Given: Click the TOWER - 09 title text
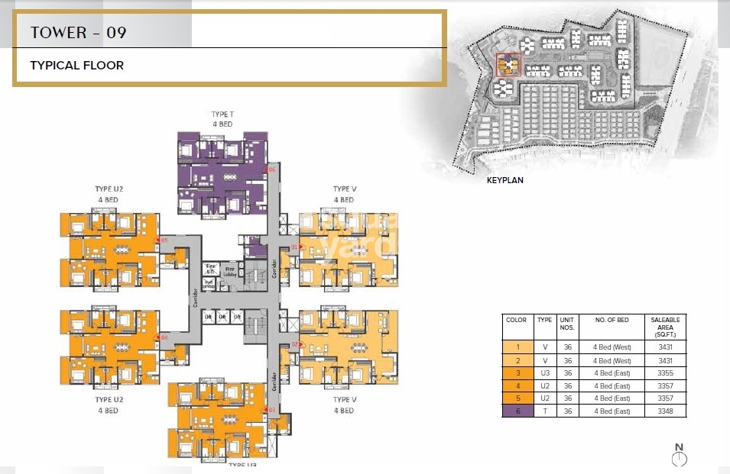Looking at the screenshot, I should tap(78, 33).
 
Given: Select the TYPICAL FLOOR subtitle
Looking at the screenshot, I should tap(76, 66).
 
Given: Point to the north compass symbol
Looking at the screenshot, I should tap(679, 458).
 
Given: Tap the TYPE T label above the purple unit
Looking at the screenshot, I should tap(222, 114).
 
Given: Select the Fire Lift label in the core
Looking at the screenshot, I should tap(210, 269).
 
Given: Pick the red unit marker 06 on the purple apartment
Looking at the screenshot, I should tap(272, 169).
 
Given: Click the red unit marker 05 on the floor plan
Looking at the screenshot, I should tap(164, 240).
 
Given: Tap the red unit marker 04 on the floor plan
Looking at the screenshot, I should tap(164, 337).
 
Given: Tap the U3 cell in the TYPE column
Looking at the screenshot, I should tap(544, 372).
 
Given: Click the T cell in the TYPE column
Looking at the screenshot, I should tap(544, 411).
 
